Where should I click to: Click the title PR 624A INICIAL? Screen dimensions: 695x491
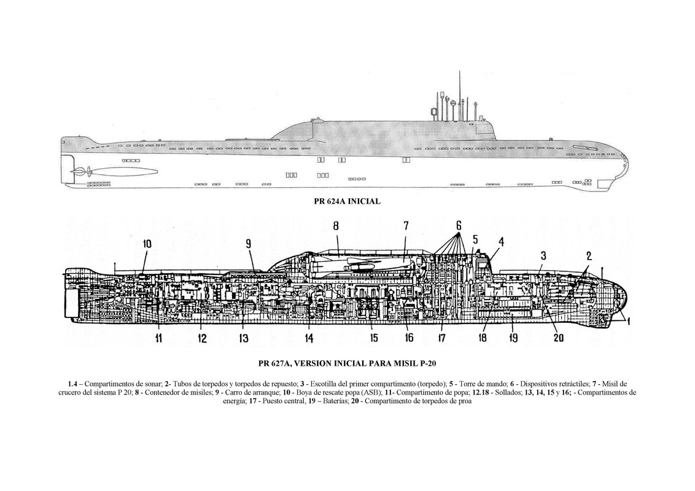347,201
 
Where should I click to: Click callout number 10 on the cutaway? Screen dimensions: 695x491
147,244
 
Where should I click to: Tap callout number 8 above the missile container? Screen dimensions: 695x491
336,226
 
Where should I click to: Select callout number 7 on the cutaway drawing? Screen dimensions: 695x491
406,226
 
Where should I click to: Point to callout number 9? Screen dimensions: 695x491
249,244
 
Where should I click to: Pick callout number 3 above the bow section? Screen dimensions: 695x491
543,255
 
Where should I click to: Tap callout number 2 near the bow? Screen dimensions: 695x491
588,256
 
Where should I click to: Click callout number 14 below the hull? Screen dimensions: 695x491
309,338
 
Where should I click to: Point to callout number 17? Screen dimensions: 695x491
441,338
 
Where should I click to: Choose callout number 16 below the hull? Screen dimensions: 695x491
409,338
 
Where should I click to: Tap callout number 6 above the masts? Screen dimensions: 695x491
458,225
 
